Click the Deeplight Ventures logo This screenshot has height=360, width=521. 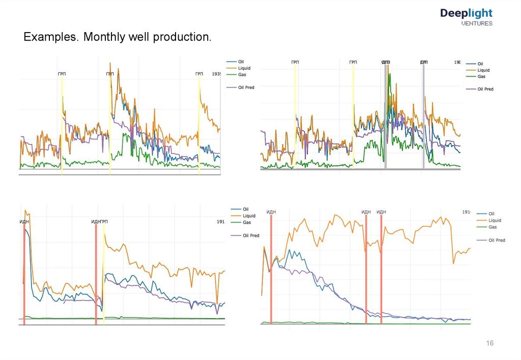coord(466,17)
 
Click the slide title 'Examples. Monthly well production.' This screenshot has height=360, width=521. coord(117,38)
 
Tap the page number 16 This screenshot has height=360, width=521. coord(490,343)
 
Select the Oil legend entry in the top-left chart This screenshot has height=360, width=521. coord(241,62)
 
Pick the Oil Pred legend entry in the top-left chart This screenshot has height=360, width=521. coord(246,87)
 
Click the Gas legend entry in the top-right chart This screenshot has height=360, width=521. coord(481,76)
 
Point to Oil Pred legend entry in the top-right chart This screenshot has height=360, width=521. coord(485,89)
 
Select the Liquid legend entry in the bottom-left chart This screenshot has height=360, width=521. coord(249,216)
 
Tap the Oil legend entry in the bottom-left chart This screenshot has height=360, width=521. coord(245,209)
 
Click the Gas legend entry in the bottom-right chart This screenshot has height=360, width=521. coord(493,227)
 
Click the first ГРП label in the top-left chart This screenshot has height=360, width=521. coord(62,74)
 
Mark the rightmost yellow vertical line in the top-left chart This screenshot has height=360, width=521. coord(199,127)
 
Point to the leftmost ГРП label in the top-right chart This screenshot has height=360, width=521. coord(295,62)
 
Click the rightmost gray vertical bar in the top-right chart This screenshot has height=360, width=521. coord(423,117)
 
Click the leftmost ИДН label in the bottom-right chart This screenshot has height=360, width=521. coord(271,212)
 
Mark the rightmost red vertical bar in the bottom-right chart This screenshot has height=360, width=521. coord(381,269)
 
